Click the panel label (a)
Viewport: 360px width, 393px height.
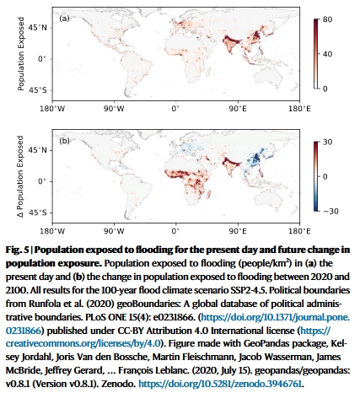[64, 19]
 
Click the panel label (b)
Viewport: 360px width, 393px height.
[64, 141]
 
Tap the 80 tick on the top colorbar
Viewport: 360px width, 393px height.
[327, 19]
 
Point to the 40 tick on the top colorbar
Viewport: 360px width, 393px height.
[327, 54]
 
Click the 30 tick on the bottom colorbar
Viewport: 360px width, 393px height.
[327, 142]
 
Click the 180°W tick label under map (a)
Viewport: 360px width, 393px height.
[52, 109]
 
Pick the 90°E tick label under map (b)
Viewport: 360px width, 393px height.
[238, 231]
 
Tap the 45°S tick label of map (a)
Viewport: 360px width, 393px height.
[37, 90]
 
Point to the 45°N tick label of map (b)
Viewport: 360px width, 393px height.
[37, 150]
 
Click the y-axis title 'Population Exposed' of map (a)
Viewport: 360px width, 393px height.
[21, 54]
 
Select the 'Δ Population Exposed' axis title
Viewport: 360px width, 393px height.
[21, 176]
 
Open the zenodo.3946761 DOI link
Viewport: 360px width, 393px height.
[221, 384]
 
